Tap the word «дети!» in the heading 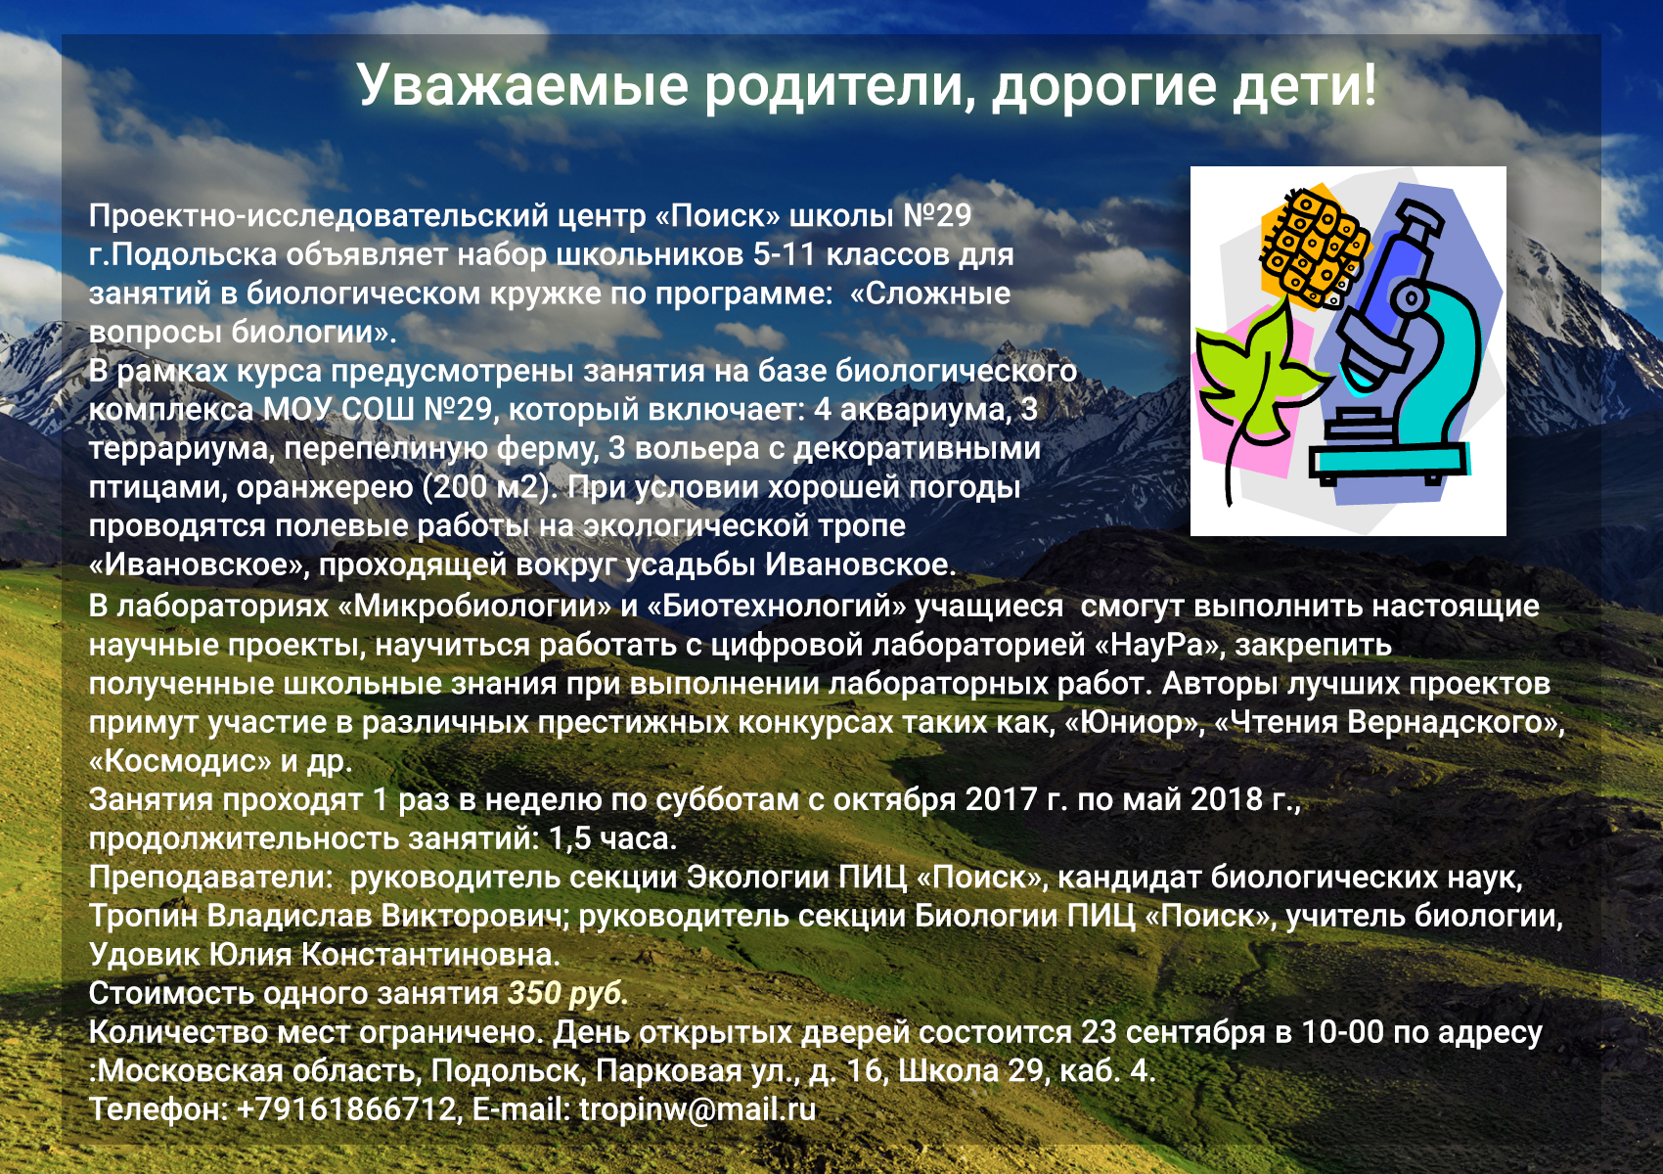(1304, 85)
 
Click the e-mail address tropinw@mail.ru (697, 1109)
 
